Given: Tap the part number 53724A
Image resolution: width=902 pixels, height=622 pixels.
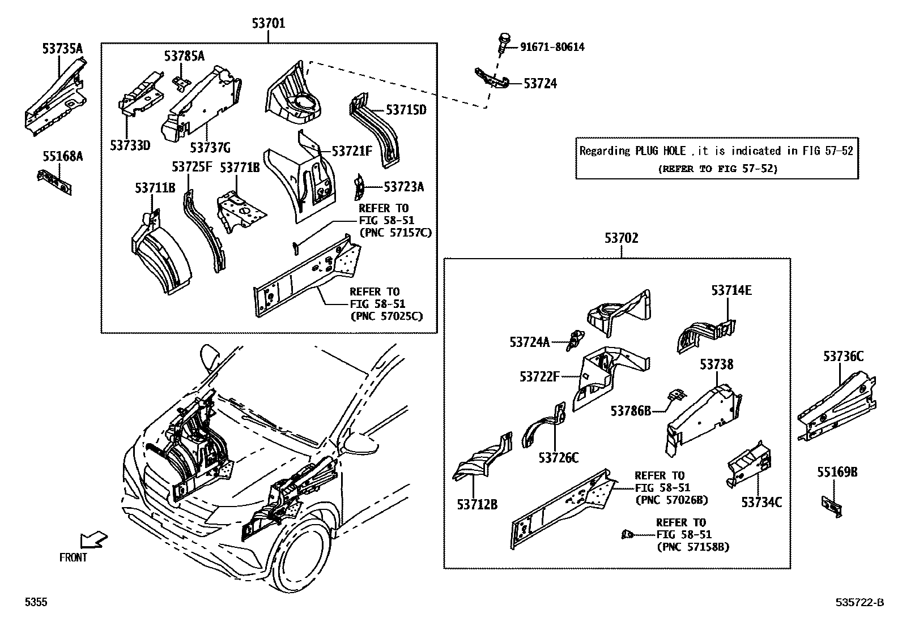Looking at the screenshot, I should pyautogui.click(x=529, y=342).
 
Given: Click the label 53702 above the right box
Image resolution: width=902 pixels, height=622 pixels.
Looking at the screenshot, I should pyautogui.click(x=621, y=238).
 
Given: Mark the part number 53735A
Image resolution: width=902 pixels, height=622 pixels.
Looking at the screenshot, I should pyautogui.click(x=62, y=49).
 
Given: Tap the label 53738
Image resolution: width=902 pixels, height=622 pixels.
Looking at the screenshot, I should pyautogui.click(x=716, y=364).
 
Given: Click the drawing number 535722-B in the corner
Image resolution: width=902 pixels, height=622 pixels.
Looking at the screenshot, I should pyautogui.click(x=858, y=603).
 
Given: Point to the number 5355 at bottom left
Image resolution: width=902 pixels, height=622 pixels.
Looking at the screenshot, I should pyautogui.click(x=35, y=603).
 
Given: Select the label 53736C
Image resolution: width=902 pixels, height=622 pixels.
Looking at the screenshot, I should pyautogui.click(x=843, y=356).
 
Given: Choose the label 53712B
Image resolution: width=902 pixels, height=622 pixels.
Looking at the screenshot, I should pyautogui.click(x=477, y=504).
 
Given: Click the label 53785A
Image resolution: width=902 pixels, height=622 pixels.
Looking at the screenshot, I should pyautogui.click(x=184, y=55).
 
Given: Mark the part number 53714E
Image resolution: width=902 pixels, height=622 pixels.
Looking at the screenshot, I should pyautogui.click(x=731, y=290).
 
